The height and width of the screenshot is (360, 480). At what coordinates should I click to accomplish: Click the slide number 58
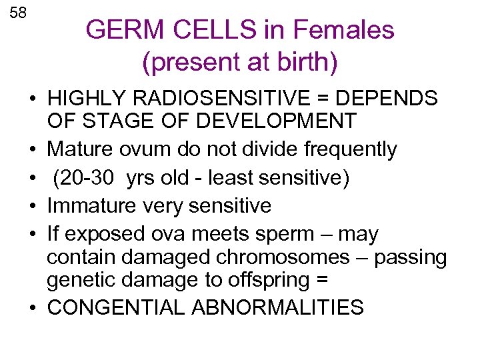tap(18, 13)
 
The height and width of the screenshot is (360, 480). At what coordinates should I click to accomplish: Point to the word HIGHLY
tap(85, 99)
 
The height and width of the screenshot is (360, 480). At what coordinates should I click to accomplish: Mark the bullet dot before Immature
tap(31, 207)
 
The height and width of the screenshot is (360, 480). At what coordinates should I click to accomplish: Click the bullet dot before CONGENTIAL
tap(31, 309)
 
